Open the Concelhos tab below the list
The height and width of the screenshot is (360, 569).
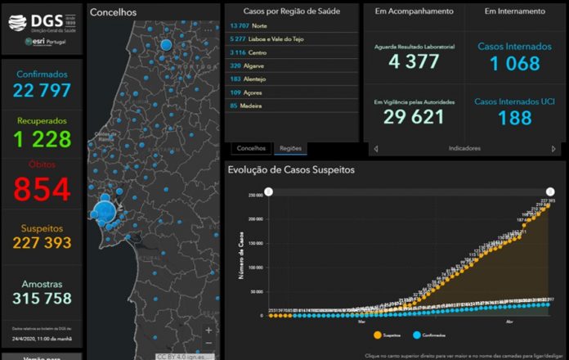coord(251,149)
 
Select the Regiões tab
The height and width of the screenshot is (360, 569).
coord(290,149)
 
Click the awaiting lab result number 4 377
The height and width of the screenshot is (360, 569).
coord(413,61)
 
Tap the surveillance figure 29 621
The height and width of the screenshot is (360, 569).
coord(413,116)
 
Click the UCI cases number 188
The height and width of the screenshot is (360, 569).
coord(514,118)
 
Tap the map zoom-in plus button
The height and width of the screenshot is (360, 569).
coord(209,331)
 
